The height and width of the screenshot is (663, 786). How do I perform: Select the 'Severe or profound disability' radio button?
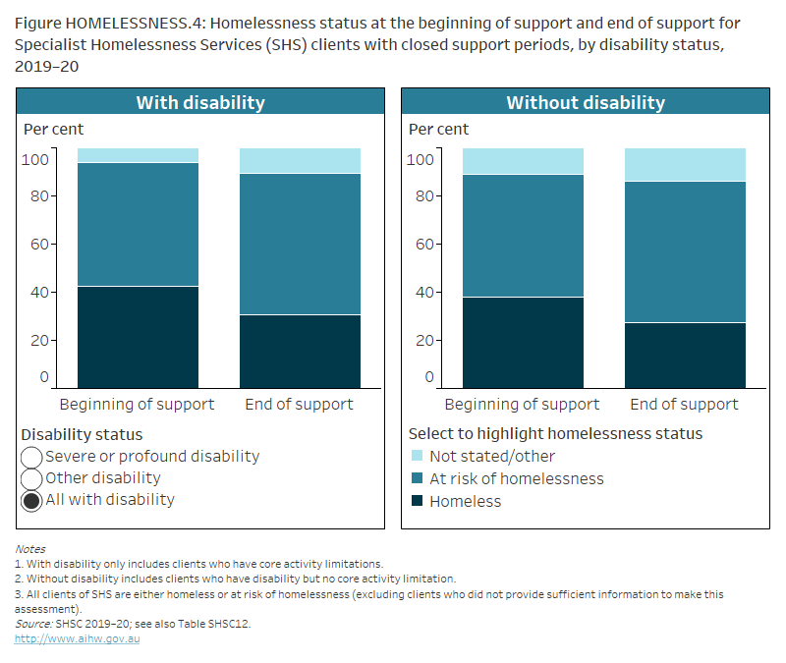coord(31,457)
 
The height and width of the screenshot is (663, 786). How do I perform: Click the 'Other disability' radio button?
coord(31,478)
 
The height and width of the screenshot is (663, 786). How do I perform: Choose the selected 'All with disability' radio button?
coord(31,500)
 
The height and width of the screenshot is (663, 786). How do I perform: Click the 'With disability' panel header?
coord(200,102)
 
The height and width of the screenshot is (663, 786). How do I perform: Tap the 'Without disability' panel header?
coord(585,102)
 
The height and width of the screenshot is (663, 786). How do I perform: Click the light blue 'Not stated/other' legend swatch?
coord(417,457)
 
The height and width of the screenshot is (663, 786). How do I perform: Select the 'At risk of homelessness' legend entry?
coord(516,479)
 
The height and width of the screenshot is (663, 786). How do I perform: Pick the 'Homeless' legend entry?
coord(465,502)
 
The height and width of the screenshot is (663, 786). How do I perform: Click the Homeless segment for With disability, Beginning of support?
coord(138,337)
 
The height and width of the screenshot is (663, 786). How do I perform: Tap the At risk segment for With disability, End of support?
coord(300,244)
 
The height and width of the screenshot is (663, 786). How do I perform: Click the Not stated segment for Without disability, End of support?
coord(685,164)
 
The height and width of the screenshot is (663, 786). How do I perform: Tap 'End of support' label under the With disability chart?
coord(300,405)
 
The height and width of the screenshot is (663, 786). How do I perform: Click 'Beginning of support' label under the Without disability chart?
coord(522,405)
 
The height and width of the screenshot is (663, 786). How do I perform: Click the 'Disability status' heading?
coord(82,434)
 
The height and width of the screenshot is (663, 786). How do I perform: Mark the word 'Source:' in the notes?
coord(34,623)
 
